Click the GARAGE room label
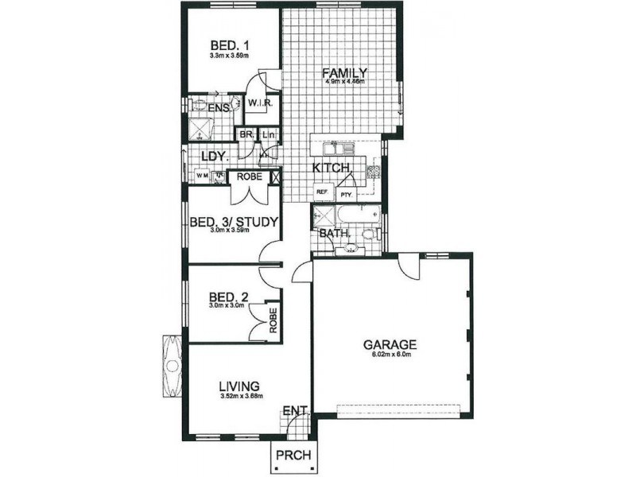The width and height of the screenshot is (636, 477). (390, 344)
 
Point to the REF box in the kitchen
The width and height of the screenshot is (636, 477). (322, 192)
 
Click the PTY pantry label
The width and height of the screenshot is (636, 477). (346, 193)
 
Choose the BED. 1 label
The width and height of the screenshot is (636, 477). (230, 45)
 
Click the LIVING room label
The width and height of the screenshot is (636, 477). (241, 386)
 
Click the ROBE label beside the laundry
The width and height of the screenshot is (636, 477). (250, 176)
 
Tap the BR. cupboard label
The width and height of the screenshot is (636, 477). (246, 135)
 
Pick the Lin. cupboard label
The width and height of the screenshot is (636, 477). (268, 135)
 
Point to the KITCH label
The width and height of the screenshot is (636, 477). (330, 169)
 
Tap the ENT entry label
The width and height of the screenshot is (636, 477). (293, 411)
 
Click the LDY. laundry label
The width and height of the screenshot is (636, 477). (215, 156)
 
